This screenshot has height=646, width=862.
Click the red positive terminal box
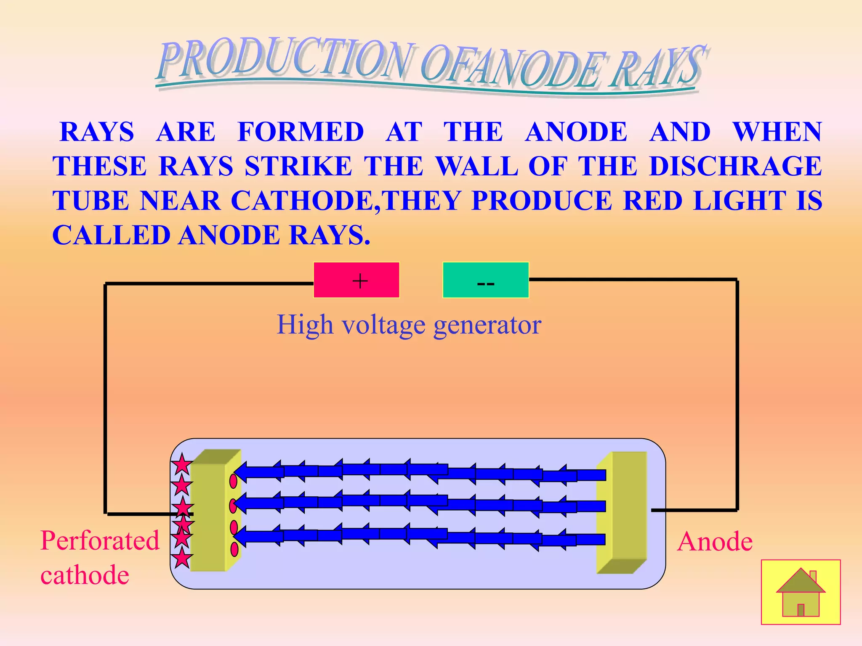356,280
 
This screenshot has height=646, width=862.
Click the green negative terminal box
485,280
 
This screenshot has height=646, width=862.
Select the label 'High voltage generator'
409,325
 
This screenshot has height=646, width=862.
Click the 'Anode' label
715,541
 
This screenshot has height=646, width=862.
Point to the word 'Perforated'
100,540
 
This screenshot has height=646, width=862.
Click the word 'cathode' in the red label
85,575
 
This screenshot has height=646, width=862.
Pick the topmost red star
182,465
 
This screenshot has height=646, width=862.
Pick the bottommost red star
182,559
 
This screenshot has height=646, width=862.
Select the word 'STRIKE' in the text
298,166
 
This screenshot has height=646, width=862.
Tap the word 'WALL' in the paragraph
476,166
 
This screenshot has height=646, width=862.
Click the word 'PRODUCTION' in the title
286,59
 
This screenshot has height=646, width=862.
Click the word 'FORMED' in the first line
301,132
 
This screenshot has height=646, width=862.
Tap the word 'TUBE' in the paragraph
90,200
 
